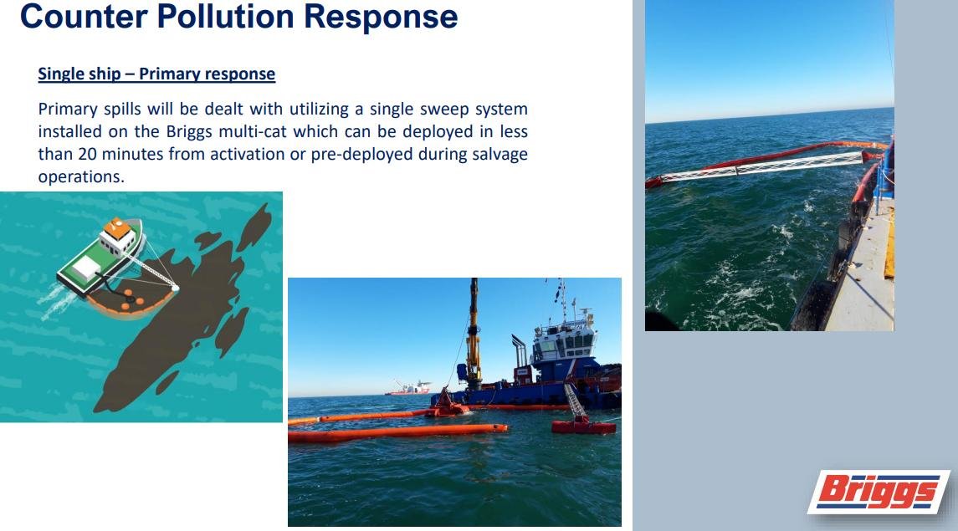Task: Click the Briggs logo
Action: click(x=879, y=492)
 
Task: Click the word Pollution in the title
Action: click(x=225, y=16)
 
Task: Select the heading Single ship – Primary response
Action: click(x=156, y=74)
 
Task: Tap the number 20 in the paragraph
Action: click(x=87, y=154)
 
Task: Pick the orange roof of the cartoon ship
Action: click(x=117, y=228)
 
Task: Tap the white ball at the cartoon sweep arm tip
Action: click(x=176, y=288)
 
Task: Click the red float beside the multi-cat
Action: click(x=583, y=426)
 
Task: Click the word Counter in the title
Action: click(x=84, y=16)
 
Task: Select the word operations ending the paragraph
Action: click(x=81, y=177)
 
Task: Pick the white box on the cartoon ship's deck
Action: click(x=86, y=268)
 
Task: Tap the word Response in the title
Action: click(x=381, y=16)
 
